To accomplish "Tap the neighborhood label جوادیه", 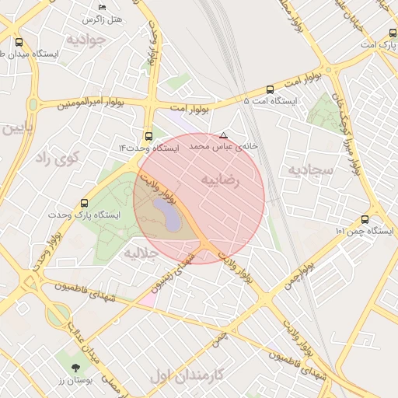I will tap(86, 39).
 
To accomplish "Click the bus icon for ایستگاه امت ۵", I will tap(270, 89).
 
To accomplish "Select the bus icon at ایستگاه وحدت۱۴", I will tap(149, 135).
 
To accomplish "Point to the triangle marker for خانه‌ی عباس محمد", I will tap(224, 134).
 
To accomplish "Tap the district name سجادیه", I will tap(310, 169).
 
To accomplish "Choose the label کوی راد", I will tap(58, 159).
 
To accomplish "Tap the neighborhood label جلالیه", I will tap(141, 253).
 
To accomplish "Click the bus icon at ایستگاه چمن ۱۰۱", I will tap(365, 220).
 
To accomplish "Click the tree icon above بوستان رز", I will tap(75, 368).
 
